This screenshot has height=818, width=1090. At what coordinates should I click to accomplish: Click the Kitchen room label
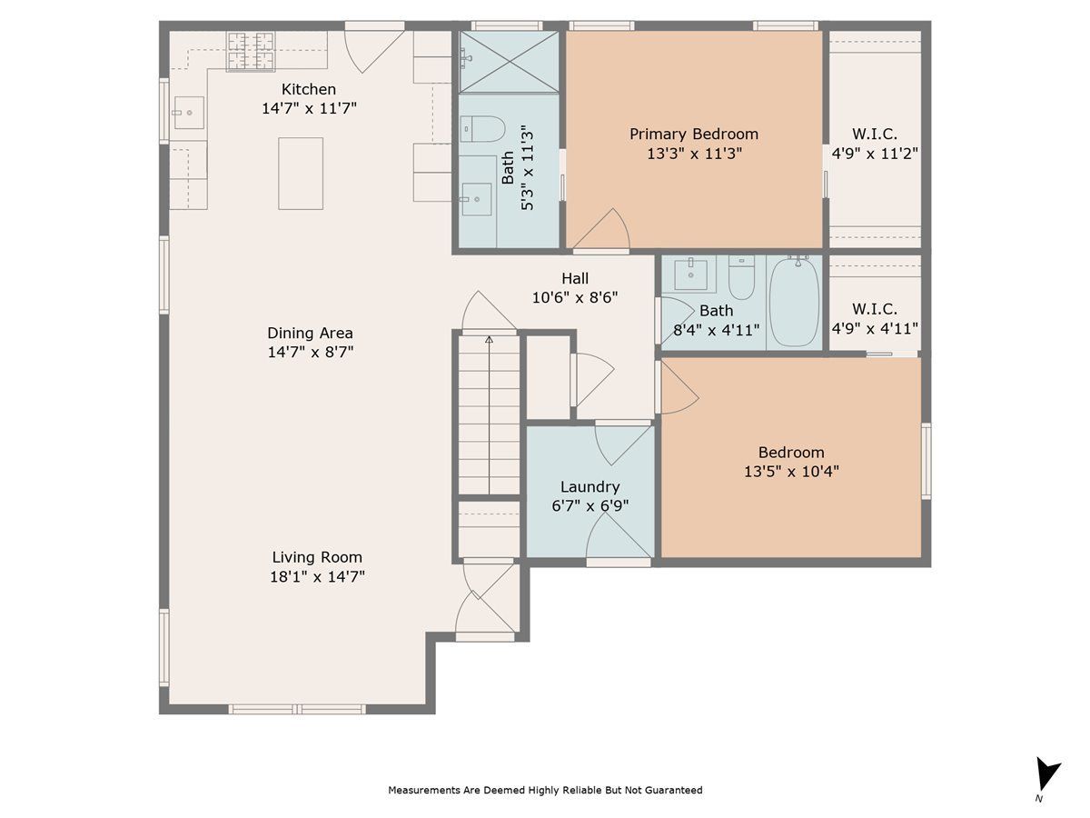coord(308,89)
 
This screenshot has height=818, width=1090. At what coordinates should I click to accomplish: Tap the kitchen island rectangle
coord(301,174)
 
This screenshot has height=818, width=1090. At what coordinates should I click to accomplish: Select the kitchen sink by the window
coord(189,113)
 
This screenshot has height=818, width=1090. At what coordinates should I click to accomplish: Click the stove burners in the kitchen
coord(251,52)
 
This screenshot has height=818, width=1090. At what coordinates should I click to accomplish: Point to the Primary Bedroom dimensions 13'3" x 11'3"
coord(694,154)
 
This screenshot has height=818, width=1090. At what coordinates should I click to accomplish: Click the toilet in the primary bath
coord(482,129)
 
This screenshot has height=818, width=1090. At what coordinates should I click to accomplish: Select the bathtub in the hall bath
coord(794,301)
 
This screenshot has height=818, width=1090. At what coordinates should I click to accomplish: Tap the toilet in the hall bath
coord(741,277)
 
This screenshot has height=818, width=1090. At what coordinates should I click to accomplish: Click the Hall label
coord(575,278)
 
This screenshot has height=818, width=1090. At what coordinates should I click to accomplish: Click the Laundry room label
coord(590,487)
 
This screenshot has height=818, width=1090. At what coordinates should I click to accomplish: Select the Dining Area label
coord(310,333)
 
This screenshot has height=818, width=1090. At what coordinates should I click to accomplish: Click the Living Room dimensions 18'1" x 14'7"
coord(317,576)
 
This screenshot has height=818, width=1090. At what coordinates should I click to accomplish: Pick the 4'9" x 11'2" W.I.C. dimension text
coord(875,154)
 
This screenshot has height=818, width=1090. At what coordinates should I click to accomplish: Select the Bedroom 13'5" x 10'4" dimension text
coord(791,472)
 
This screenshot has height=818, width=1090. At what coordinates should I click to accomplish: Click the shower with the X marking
coord(509,62)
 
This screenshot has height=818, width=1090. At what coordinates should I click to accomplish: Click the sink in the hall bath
coord(690,274)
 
